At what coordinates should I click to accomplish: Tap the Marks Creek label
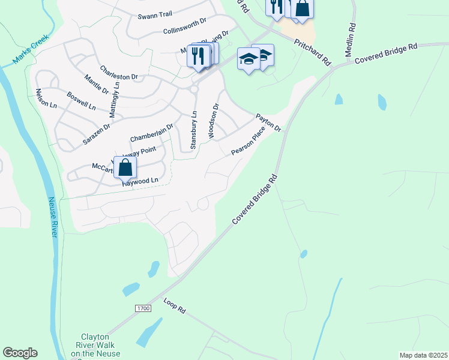click(30, 49)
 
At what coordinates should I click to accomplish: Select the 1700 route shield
click(142, 308)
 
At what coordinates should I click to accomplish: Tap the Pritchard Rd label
click(313, 52)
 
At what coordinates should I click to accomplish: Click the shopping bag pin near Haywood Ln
click(125, 167)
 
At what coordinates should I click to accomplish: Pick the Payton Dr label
click(268, 122)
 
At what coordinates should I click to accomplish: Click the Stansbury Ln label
click(193, 130)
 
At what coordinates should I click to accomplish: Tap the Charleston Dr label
click(119, 73)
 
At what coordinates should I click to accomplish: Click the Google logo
click(20, 353)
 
